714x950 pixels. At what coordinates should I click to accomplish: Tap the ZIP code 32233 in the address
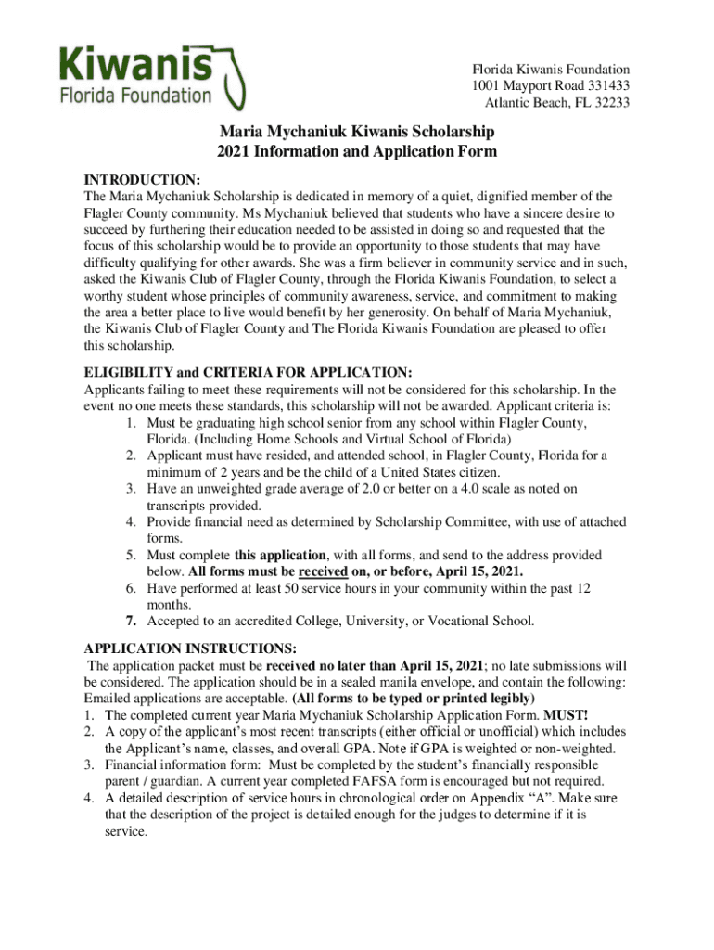pos(610,103)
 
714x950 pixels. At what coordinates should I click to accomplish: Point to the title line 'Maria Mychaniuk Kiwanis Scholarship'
pos(357,132)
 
